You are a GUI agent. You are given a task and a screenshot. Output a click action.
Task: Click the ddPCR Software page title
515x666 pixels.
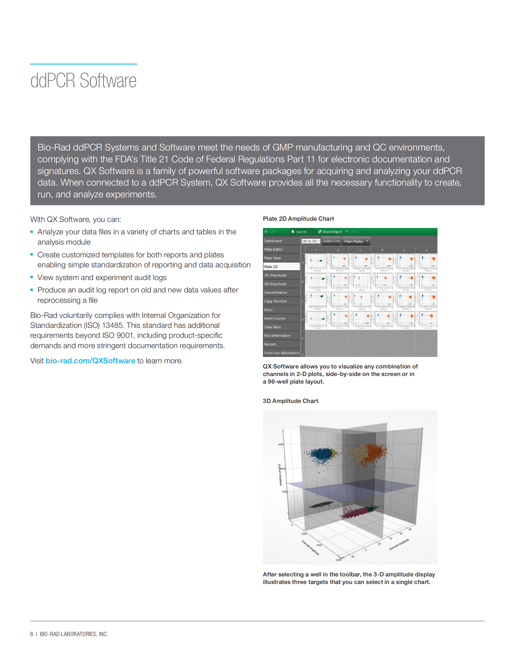pyautogui.click(x=83, y=81)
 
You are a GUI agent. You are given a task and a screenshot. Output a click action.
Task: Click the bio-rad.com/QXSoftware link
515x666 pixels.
pyautogui.click(x=90, y=361)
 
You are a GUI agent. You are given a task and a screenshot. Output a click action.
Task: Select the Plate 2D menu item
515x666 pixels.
pyautogui.click(x=271, y=266)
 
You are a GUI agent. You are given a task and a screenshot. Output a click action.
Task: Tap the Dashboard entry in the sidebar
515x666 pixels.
pyautogui.click(x=273, y=241)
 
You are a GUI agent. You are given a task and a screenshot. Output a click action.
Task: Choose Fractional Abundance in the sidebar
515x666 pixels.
pyautogui.click(x=282, y=353)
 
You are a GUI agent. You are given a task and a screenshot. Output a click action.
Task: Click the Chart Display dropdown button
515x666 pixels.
pyautogui.click(x=356, y=241)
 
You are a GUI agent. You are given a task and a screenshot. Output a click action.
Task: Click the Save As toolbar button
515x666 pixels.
pyautogui.click(x=299, y=232)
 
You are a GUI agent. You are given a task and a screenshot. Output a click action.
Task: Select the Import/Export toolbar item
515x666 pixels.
pyautogui.click(x=330, y=232)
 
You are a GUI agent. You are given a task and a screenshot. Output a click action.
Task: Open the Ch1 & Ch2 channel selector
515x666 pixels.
pyautogui.click(x=311, y=241)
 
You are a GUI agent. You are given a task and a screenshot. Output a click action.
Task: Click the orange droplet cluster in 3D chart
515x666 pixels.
pyautogui.click(x=376, y=452)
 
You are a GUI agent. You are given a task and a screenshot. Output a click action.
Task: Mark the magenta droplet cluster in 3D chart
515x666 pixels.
pyautogui.click(x=354, y=513)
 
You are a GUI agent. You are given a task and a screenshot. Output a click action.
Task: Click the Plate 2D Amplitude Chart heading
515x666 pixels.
pyautogui.click(x=298, y=219)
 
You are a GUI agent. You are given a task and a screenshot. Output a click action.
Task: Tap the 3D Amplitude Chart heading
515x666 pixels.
pyautogui.click(x=290, y=401)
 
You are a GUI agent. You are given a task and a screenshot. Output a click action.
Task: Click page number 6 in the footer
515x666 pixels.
pyautogui.click(x=32, y=634)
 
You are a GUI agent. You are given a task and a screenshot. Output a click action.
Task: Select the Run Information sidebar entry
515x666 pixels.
pyautogui.click(x=277, y=335)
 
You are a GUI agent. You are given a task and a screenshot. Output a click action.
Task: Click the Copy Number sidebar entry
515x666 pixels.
pyautogui.click(x=275, y=301)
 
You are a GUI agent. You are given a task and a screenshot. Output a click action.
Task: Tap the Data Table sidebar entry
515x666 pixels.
pyautogui.click(x=272, y=327)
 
